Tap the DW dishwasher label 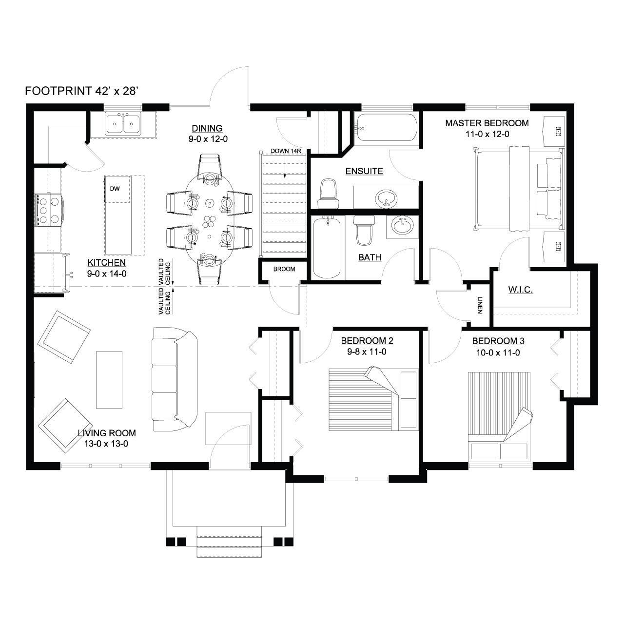point(115,189)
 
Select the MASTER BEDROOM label point(487,123)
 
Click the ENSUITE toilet point(329,194)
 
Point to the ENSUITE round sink point(386,198)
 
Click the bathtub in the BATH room point(327,247)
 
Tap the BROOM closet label point(284,269)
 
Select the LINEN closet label point(480,305)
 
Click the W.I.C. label point(520,290)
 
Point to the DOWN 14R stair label point(286,151)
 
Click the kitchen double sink point(123,124)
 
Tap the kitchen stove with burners point(49,210)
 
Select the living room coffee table point(109,380)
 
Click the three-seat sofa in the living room point(175,379)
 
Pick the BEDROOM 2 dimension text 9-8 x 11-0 point(367,351)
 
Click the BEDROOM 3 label point(498,341)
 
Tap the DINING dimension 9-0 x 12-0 point(208,139)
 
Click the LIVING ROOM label point(107,433)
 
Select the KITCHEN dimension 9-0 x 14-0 point(107,273)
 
